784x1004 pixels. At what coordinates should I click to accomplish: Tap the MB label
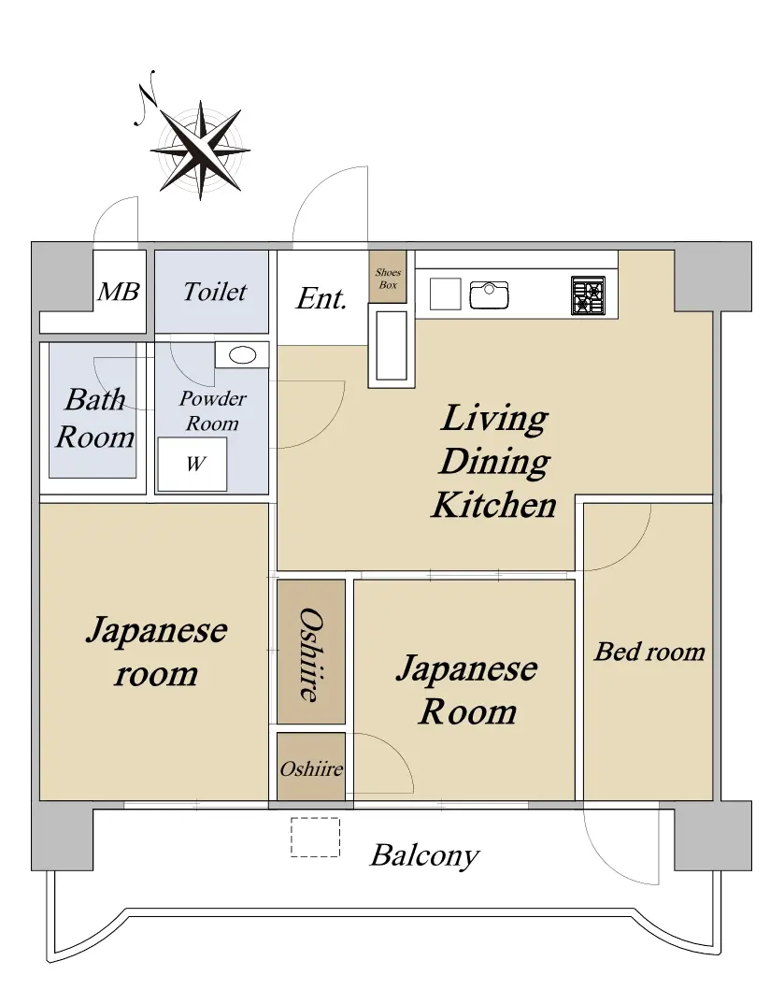[119, 292]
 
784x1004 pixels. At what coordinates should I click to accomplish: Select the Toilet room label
[214, 292]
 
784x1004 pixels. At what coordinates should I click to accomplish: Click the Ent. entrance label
[321, 298]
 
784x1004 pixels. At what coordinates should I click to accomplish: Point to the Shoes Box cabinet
[387, 277]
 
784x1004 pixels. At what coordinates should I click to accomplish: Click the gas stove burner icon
[588, 295]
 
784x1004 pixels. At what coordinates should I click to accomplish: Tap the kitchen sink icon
[489, 294]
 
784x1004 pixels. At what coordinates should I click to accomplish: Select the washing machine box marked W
[192, 465]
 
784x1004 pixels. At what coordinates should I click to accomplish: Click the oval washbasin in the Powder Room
[243, 354]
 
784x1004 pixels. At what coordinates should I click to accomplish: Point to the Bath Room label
[95, 418]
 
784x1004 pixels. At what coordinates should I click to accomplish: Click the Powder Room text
[212, 410]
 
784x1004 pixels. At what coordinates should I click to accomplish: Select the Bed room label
[649, 652]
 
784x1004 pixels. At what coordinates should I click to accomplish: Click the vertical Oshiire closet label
[311, 654]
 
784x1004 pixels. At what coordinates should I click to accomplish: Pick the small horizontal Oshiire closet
[311, 767]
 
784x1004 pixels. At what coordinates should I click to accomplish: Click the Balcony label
[424, 855]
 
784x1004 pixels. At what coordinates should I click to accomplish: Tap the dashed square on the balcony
[315, 837]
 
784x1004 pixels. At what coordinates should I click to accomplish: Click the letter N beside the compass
[147, 97]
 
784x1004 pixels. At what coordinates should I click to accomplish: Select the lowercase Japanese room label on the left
[156, 652]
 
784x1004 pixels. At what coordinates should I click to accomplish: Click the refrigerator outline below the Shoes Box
[391, 346]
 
